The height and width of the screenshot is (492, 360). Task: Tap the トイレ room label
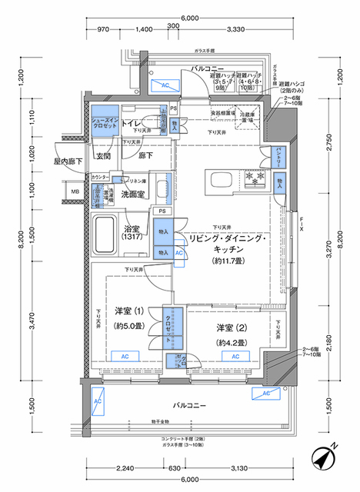point(130,123)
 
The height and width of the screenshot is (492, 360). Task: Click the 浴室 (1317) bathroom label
point(132,234)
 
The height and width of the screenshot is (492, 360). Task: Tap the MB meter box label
point(75,191)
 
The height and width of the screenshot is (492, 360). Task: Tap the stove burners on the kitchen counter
point(254,178)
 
